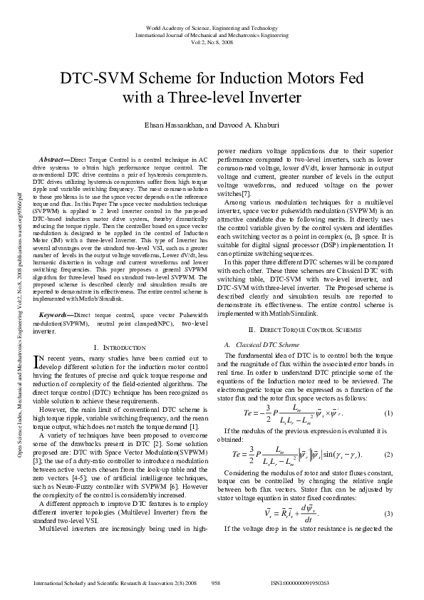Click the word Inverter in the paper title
pos(271,96)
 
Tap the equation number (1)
pos(388,414)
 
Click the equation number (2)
pos(388,454)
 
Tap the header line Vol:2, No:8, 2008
pos(212,41)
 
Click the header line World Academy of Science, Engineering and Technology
pos(212,26)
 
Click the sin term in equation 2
pos(338,454)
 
